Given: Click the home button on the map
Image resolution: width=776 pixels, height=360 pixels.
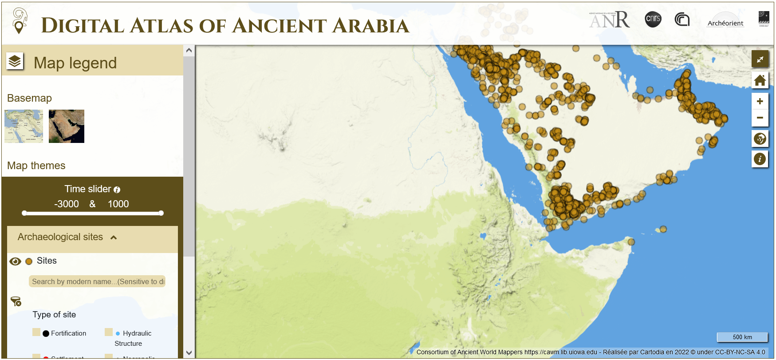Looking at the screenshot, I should [x=760, y=80].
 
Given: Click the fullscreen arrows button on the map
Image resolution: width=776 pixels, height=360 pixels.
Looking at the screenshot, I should [x=760, y=59].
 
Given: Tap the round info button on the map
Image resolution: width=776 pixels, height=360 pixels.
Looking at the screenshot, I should [x=760, y=159].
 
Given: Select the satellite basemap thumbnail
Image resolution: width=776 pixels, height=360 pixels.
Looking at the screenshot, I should [x=67, y=126].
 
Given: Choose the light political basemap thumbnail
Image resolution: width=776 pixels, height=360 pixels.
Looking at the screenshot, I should [x=24, y=126].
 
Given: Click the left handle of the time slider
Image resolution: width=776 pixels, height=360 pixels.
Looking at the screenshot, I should [x=24, y=213].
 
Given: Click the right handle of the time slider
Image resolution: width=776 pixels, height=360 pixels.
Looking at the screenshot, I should [x=161, y=213].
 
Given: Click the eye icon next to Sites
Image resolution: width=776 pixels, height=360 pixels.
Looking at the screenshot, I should [x=15, y=261].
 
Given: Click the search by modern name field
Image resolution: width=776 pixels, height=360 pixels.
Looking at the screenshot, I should [x=97, y=281].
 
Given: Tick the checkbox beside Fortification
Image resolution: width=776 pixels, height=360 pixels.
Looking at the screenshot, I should [x=36, y=332].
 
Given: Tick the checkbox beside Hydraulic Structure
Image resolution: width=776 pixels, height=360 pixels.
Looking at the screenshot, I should [x=109, y=332].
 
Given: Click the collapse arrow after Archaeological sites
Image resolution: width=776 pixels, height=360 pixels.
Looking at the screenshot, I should [x=114, y=237].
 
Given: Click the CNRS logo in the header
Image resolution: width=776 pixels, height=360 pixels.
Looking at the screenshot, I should [x=653, y=19].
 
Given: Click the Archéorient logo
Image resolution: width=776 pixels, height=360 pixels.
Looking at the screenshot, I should [x=725, y=20].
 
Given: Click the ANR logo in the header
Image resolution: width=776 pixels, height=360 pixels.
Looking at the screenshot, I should [x=609, y=20].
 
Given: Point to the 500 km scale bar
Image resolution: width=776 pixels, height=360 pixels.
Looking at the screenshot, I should [x=742, y=337].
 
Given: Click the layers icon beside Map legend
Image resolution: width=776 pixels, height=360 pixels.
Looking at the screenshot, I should [x=15, y=61].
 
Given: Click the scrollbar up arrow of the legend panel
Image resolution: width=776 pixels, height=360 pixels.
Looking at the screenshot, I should [x=189, y=51].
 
